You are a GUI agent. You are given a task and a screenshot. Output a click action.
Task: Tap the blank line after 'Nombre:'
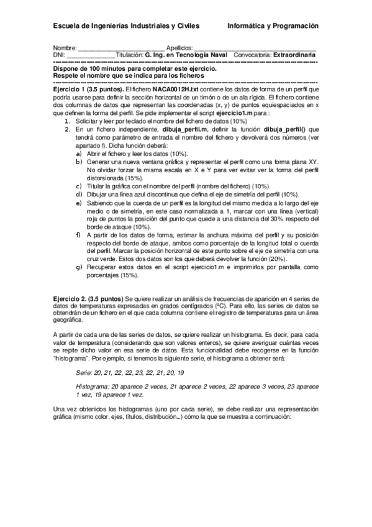point(121,48)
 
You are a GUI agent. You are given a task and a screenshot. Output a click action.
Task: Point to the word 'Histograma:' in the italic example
point(91,386)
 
